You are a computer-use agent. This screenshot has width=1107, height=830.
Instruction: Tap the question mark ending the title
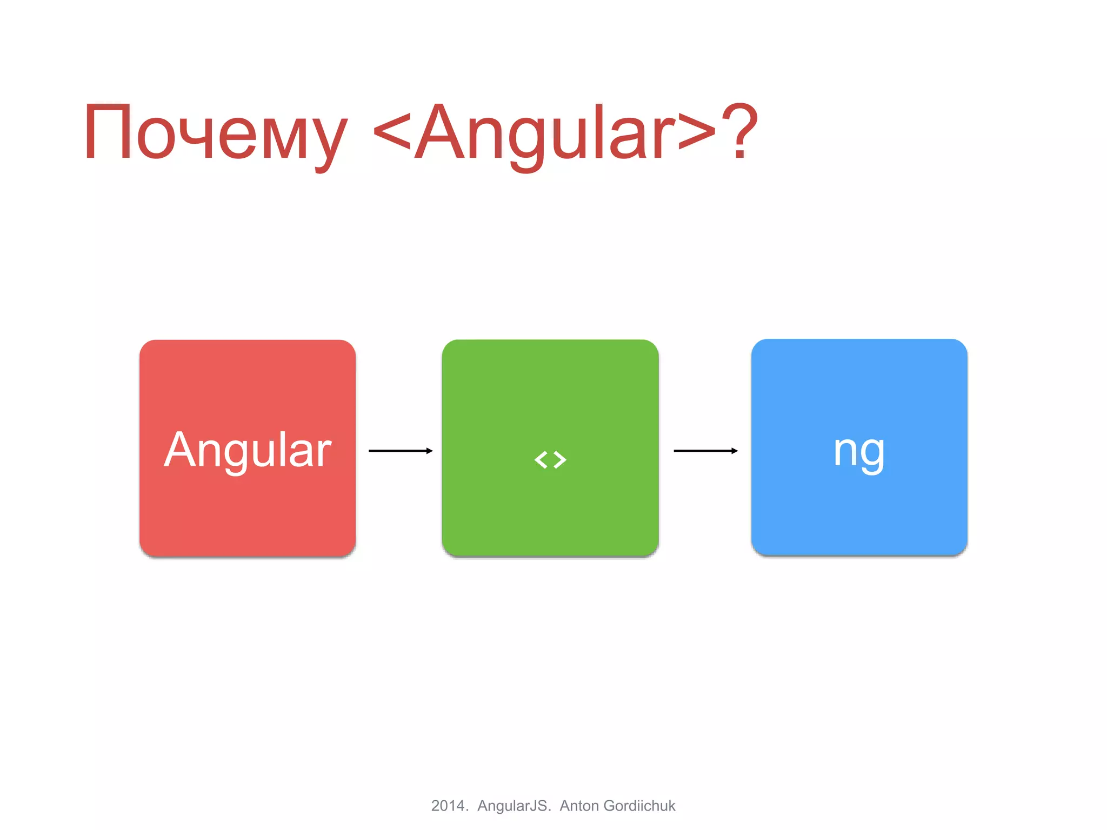click(740, 132)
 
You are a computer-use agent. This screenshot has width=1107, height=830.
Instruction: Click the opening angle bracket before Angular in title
click(392, 135)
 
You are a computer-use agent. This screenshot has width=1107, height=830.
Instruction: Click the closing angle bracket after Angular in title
click(697, 135)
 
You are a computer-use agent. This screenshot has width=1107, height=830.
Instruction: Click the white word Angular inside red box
click(248, 450)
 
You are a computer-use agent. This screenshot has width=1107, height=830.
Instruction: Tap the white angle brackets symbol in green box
click(550, 460)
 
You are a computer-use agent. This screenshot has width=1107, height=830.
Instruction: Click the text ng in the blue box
click(859, 451)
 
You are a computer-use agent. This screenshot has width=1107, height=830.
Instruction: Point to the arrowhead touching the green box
click(430, 451)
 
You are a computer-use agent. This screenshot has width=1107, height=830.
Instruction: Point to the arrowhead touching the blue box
click(735, 451)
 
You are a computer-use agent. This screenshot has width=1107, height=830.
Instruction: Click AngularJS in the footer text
click(513, 806)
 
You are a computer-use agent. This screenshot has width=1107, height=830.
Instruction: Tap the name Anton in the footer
click(579, 806)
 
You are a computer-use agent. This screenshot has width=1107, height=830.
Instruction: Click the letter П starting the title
click(108, 132)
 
